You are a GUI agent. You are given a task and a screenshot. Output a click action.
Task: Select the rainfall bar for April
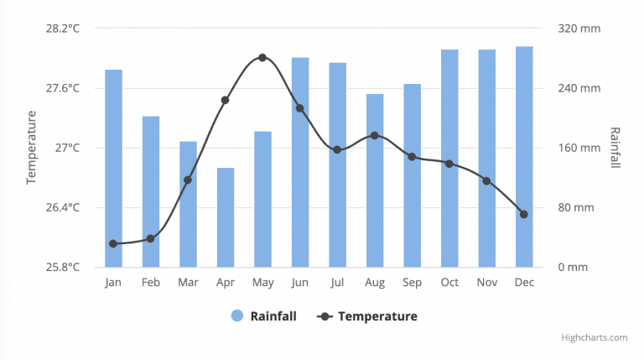(x=226, y=217)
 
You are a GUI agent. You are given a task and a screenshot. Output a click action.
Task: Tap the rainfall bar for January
(x=113, y=168)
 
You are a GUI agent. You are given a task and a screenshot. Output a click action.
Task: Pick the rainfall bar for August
(x=375, y=180)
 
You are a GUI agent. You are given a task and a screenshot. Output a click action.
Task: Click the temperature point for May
(x=262, y=57)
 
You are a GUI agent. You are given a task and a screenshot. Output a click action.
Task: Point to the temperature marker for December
(x=524, y=214)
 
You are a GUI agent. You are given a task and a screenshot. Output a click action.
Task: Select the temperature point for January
(x=113, y=243)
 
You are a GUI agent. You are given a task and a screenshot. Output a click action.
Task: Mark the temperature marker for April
(x=226, y=100)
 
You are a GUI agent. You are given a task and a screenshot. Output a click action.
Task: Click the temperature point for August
(x=375, y=135)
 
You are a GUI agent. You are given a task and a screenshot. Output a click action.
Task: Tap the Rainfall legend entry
(x=263, y=316)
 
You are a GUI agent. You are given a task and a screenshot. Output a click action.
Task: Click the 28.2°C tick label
(x=63, y=29)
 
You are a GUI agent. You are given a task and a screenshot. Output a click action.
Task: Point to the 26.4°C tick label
(x=63, y=207)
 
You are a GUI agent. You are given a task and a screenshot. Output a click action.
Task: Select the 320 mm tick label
(x=579, y=29)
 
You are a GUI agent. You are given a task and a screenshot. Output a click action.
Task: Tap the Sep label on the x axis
(x=412, y=283)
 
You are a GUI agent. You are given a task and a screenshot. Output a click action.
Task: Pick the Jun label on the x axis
(x=300, y=283)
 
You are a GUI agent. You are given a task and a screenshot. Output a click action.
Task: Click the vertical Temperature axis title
(x=32, y=148)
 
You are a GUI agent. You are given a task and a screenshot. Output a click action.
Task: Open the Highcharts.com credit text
(x=594, y=337)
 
